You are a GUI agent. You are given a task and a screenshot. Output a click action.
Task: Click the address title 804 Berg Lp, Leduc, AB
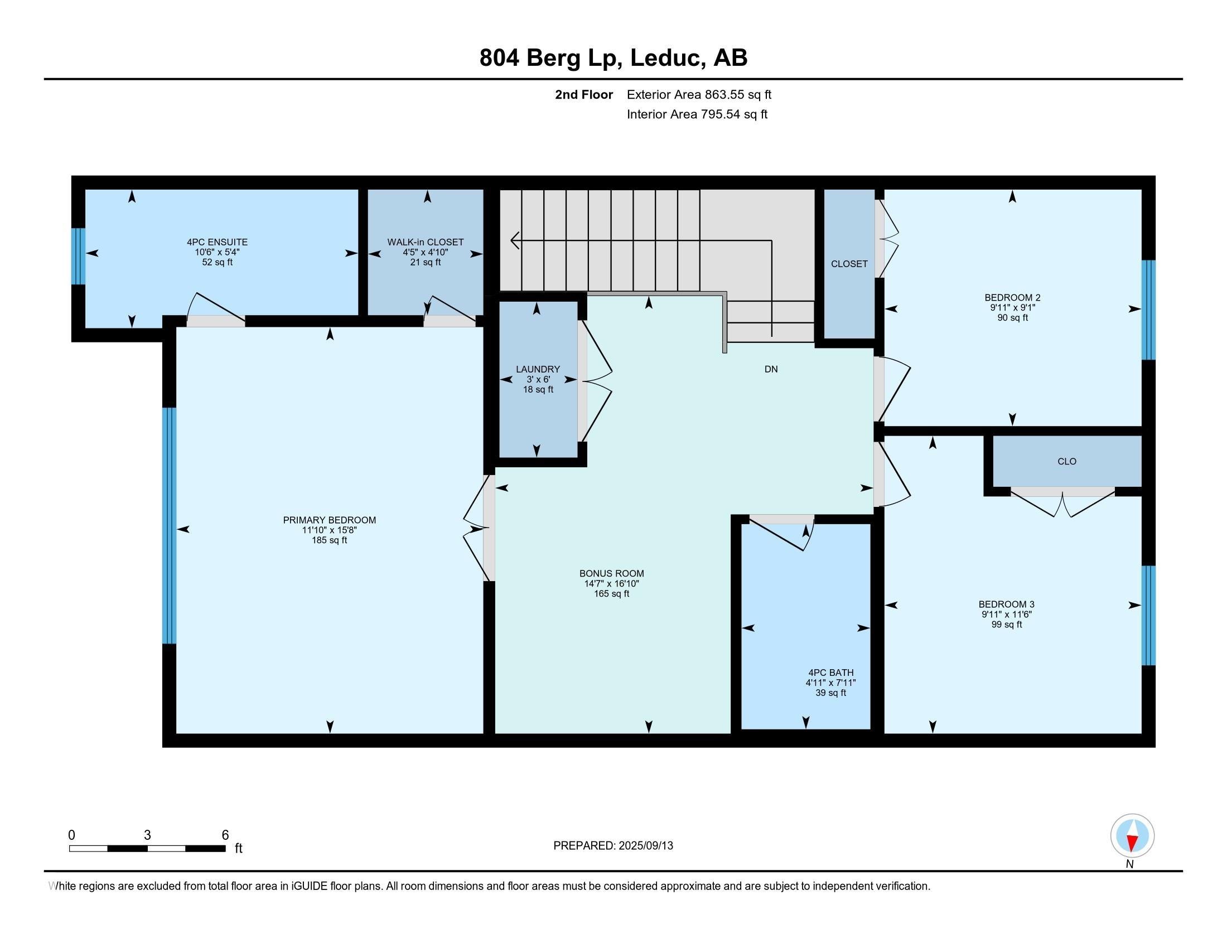[613, 58]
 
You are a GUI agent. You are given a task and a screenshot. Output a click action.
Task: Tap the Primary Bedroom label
[329, 520]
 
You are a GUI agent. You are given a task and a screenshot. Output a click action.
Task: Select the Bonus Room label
[612, 573]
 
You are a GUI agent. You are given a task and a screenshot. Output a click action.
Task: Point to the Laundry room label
[538, 369]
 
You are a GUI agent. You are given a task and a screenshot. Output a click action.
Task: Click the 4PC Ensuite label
[218, 242]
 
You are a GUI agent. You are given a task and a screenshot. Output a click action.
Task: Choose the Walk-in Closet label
[426, 242]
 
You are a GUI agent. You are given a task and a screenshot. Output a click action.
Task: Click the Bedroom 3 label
[1006, 604]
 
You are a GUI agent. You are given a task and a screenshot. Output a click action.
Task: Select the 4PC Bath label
[831, 673]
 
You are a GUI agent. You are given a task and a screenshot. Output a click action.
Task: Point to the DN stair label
[771, 369]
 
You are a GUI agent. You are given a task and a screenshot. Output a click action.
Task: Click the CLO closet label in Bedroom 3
[1067, 462]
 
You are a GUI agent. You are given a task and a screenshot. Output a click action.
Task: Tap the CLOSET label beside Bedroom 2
[849, 264]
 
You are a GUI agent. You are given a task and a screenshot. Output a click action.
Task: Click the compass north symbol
[1132, 836]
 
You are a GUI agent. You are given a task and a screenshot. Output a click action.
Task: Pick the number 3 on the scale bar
[147, 835]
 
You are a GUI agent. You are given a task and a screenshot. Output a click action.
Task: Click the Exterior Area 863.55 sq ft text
[699, 94]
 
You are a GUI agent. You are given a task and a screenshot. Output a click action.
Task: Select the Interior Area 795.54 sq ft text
[697, 114]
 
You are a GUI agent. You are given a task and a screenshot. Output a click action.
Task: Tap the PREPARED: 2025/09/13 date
[613, 846]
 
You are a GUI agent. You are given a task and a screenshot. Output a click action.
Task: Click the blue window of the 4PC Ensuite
[78, 256]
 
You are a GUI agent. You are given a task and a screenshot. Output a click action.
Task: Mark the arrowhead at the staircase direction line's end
[514, 240]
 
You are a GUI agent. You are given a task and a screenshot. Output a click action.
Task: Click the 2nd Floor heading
[584, 94]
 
